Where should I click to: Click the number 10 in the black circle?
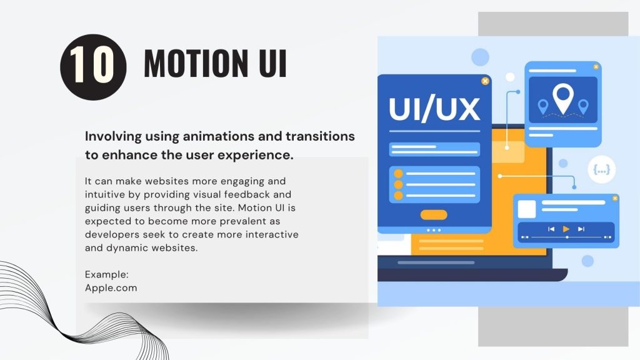click(92, 64)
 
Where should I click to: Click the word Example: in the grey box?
click(106, 275)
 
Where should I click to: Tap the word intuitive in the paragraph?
click(105, 194)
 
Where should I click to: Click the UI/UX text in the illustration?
click(434, 109)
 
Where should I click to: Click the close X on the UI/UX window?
click(485, 81)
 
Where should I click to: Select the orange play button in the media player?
click(566, 229)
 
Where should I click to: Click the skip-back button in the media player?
click(551, 229)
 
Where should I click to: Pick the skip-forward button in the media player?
click(581, 229)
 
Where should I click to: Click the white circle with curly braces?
click(602, 169)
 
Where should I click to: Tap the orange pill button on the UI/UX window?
click(434, 215)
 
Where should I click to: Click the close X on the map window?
click(596, 66)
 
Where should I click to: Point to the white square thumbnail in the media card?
click(527, 209)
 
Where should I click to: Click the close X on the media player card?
click(615, 198)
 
